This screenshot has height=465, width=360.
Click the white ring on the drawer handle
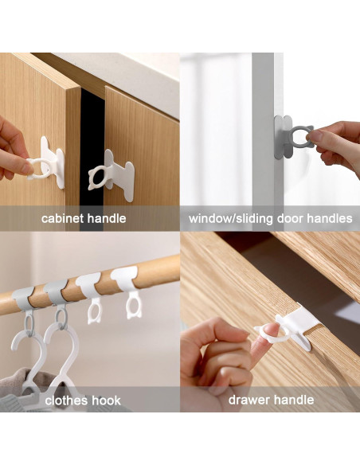click(x=267, y=330)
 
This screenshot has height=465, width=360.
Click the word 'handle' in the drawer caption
click(x=294, y=400)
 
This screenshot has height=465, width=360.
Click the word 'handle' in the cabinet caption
click(x=107, y=218)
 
